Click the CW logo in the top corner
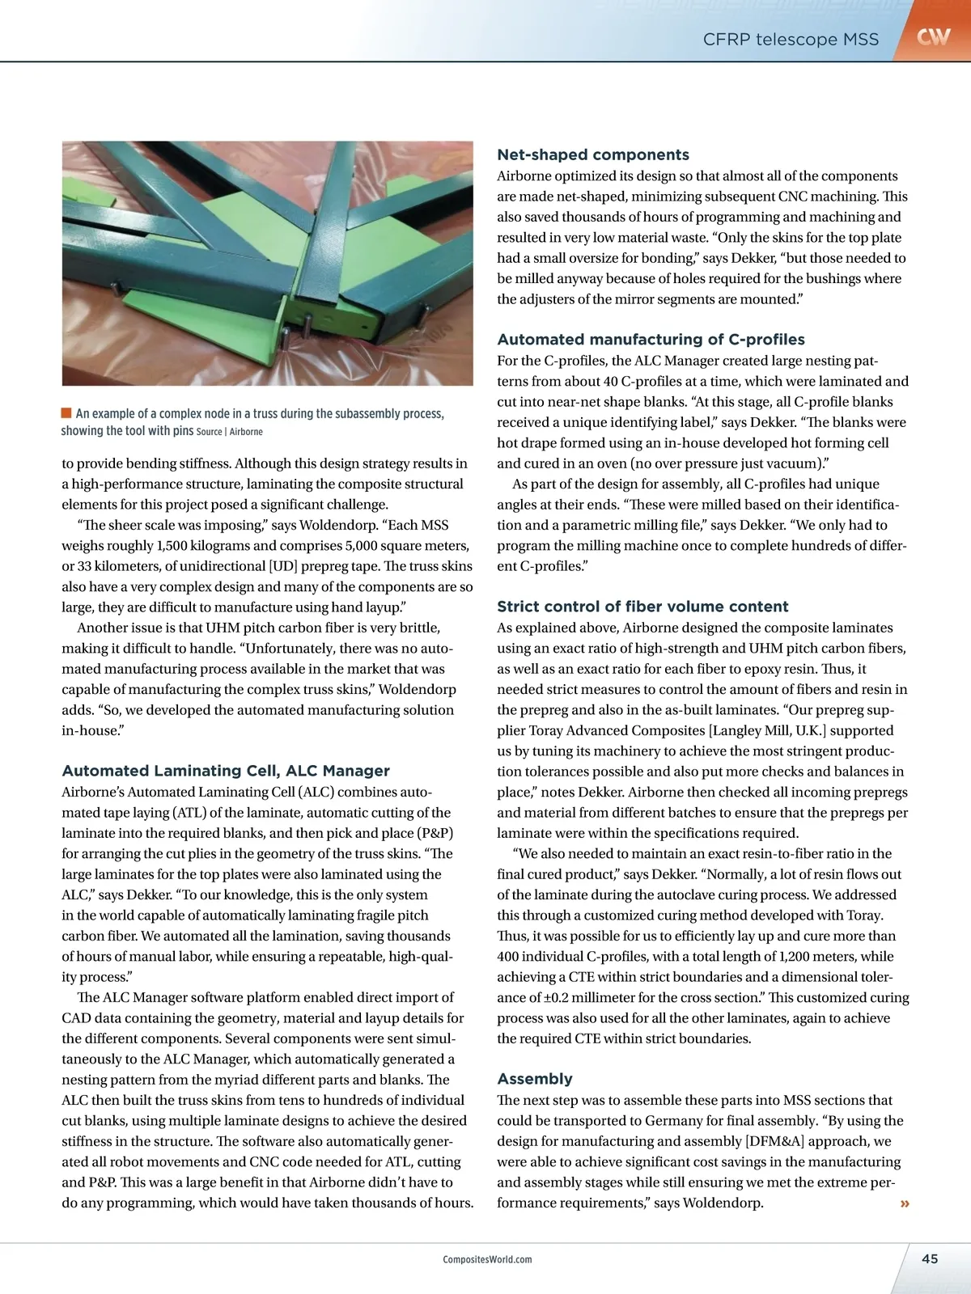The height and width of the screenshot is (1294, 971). coord(933,36)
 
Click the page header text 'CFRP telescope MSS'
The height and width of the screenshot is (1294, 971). coord(791,39)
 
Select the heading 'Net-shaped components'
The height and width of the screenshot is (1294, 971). coord(593,154)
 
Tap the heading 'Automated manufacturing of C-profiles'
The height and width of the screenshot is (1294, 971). coord(651,340)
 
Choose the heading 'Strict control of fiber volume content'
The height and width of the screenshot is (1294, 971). coord(642,607)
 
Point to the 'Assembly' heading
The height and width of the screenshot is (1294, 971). coord(534,1079)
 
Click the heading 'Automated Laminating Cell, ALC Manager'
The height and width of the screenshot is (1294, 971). coord(226,771)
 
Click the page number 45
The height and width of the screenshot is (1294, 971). coord(930,1258)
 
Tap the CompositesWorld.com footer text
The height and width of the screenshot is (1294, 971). coord(487,1259)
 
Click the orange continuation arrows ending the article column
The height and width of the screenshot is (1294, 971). coord(905,1203)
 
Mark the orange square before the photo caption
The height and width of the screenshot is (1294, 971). coord(66,413)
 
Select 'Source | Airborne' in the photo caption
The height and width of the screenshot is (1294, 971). coord(229,432)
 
